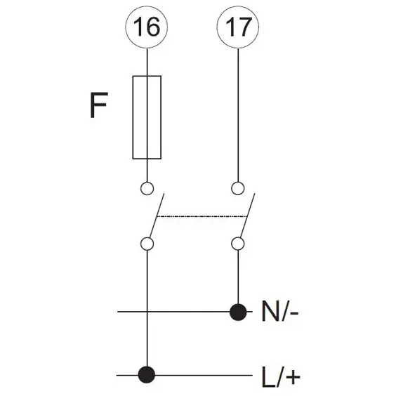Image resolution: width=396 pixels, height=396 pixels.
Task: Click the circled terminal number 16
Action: pyautogui.click(x=147, y=27)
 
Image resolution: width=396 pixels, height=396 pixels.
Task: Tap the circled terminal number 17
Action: pyautogui.click(x=238, y=27)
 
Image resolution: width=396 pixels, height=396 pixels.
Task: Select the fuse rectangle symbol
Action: pyautogui.click(x=147, y=117)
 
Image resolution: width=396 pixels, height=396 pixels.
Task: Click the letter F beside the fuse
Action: pyautogui.click(x=99, y=105)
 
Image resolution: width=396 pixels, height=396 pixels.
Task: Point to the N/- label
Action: pyautogui.click(x=280, y=311)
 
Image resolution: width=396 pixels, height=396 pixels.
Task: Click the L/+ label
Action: pyautogui.click(x=281, y=377)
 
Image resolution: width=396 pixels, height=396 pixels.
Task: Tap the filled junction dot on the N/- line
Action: pyautogui.click(x=238, y=312)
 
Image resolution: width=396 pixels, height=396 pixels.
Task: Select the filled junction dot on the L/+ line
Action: pyautogui.click(x=147, y=374)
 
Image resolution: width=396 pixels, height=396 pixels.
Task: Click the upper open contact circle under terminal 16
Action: pyautogui.click(x=147, y=188)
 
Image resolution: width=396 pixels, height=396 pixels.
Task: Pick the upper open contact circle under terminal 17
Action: pyautogui.click(x=237, y=188)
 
